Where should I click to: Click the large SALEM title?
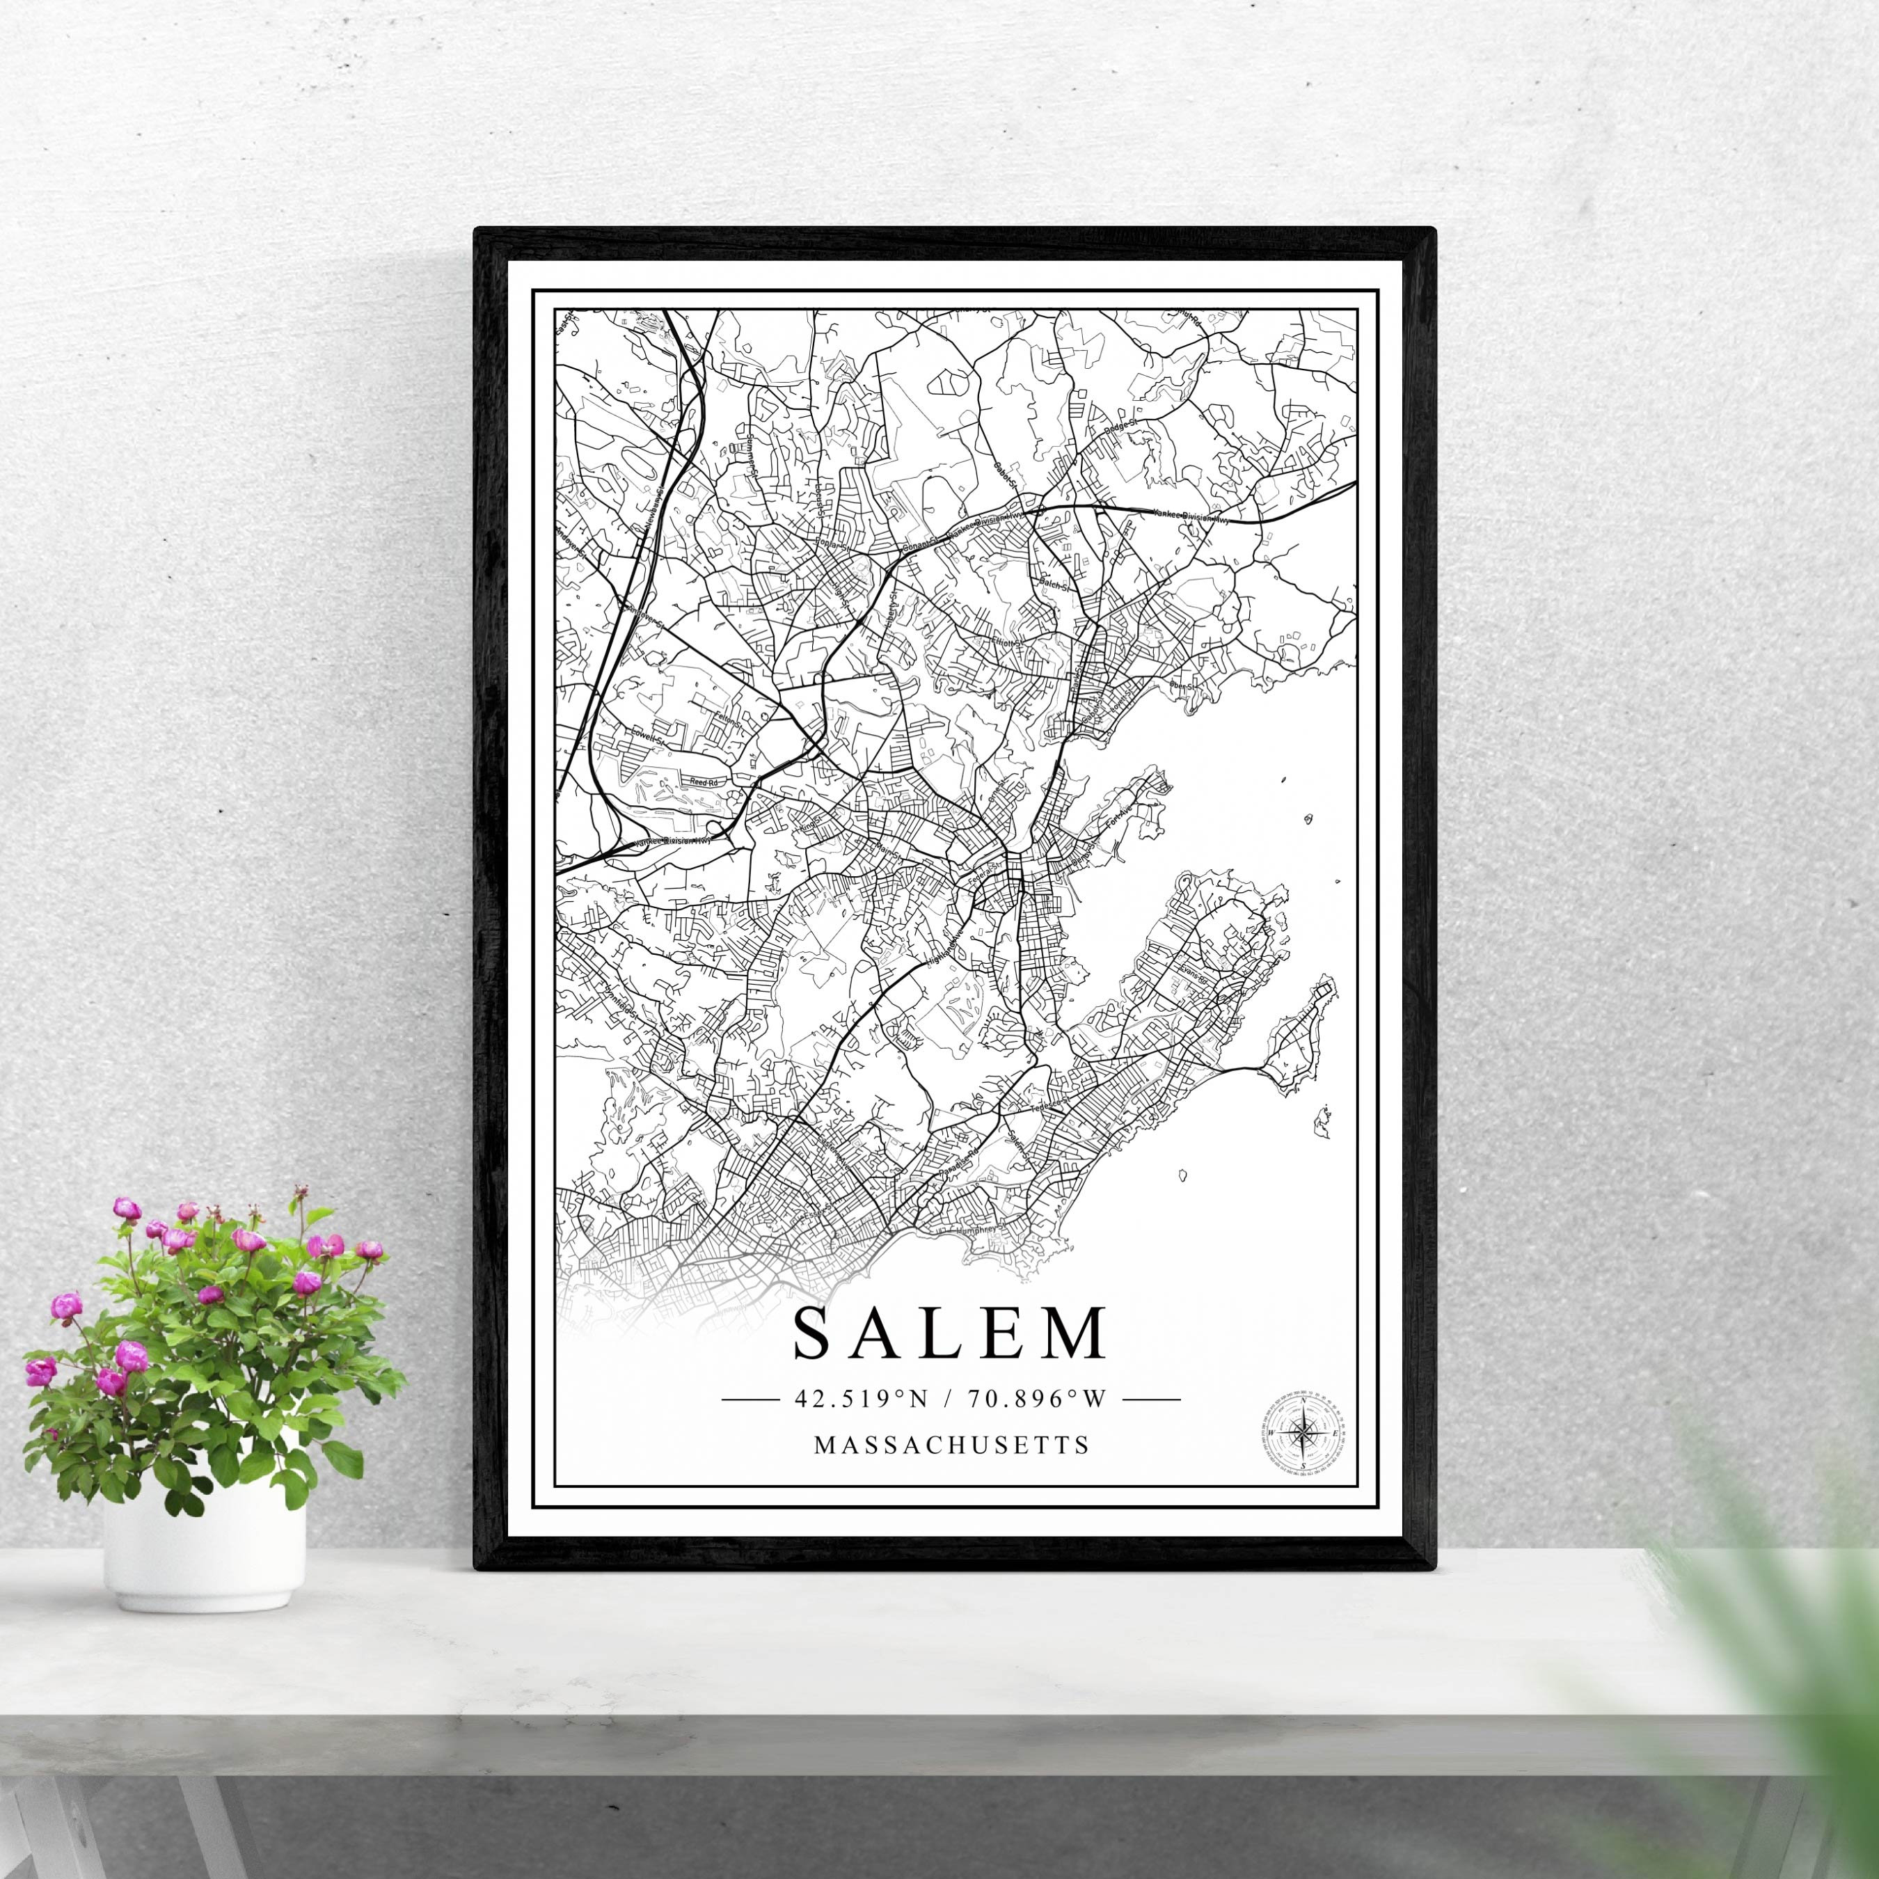[x=950, y=1333]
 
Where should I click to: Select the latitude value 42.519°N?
[x=862, y=1400]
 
